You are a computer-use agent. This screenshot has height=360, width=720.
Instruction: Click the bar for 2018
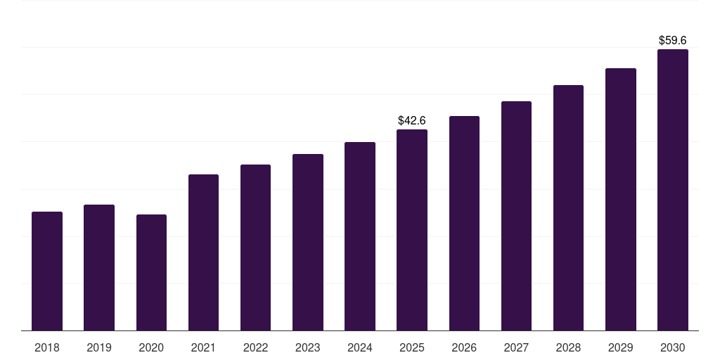tap(47, 271)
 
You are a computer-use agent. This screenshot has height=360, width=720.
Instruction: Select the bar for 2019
tap(99, 267)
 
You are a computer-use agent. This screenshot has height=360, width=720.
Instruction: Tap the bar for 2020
tap(151, 272)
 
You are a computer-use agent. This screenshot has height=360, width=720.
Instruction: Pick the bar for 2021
tap(203, 252)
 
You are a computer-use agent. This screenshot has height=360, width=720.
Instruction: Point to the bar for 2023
tap(308, 242)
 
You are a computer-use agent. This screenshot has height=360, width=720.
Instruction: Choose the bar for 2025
tap(412, 230)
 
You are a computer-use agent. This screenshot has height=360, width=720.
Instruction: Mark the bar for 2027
tap(516, 216)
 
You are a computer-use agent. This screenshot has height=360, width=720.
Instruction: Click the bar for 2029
tap(621, 199)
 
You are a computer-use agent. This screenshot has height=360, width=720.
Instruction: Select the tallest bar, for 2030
tap(673, 190)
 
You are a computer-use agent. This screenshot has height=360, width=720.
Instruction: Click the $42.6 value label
tap(412, 121)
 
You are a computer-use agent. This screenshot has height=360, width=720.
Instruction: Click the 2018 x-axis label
tap(47, 347)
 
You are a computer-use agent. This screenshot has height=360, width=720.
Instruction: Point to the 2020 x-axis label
tap(151, 347)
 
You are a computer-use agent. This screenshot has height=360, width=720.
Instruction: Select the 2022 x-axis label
tap(255, 347)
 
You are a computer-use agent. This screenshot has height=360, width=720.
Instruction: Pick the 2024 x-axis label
tap(360, 347)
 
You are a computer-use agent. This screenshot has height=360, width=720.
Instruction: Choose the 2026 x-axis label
tap(464, 347)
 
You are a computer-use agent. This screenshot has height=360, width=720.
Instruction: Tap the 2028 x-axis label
tap(568, 347)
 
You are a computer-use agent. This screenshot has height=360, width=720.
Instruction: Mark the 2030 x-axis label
tap(673, 347)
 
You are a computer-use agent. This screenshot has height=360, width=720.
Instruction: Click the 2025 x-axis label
tap(412, 347)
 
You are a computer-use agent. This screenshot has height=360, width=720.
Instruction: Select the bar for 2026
tap(464, 223)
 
